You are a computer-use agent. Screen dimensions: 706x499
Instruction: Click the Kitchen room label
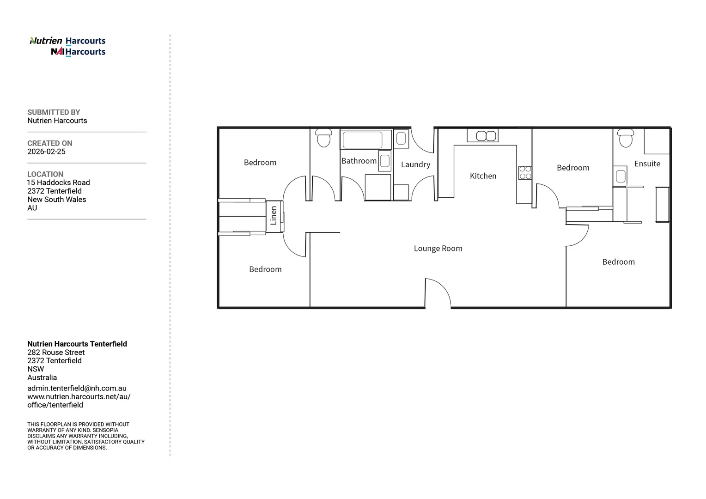coord(483,176)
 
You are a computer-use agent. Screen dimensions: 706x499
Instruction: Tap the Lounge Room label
coord(438,249)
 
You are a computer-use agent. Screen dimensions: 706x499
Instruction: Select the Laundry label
coord(415,164)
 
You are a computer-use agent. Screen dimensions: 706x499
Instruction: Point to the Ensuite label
coord(647,164)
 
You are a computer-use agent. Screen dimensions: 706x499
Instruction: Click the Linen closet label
coord(274,216)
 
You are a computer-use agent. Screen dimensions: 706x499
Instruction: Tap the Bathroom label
coord(359,161)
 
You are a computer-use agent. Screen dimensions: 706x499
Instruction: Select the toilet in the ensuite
coord(625,138)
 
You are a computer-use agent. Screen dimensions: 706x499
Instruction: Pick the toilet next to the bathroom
coord(323,138)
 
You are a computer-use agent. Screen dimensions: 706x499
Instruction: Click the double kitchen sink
coord(482,135)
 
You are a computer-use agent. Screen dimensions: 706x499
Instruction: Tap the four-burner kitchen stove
coord(525,173)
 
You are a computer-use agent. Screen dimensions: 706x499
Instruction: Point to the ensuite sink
coord(620,176)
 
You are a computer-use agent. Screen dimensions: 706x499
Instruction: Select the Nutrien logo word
coord(46,41)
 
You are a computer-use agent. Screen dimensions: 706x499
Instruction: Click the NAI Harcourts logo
coord(78,52)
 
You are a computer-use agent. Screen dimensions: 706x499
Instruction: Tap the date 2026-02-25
coord(46,152)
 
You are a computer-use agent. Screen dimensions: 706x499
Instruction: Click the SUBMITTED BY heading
coord(54,112)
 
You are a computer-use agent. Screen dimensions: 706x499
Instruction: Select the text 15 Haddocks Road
coord(59,183)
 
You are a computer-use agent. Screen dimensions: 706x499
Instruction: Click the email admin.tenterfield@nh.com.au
coord(77,389)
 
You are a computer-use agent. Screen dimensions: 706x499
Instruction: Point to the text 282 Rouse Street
coord(56,353)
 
